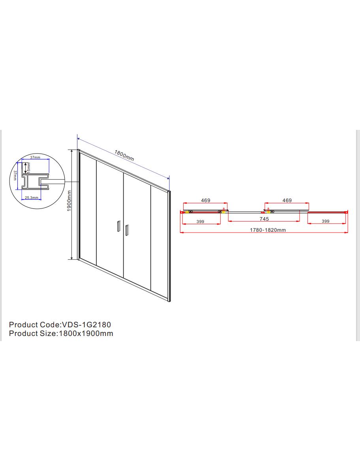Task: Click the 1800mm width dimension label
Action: point(124,155)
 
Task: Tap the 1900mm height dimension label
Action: point(69,201)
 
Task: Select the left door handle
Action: point(119,226)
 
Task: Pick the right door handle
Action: point(127,230)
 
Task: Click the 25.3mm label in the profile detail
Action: point(32,198)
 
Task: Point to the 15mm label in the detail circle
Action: point(29,167)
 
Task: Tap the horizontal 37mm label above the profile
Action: point(35,158)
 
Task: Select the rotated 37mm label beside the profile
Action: point(15,175)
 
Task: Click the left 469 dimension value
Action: point(206,200)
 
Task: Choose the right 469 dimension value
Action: point(287,200)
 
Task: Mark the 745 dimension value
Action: point(264,219)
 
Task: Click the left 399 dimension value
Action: point(200,222)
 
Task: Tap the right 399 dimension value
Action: point(326,221)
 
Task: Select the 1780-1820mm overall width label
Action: point(268,230)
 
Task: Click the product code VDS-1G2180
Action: point(86,325)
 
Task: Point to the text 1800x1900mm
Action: point(86,334)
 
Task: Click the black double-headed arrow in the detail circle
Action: point(26,168)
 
